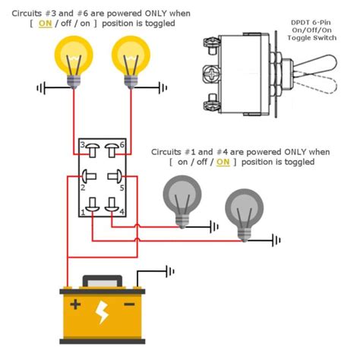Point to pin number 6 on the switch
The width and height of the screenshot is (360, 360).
[x=114, y=147]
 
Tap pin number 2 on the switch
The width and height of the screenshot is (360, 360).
[x=90, y=176]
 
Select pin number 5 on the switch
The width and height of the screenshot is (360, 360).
[x=115, y=176]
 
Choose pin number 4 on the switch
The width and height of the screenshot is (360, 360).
[x=114, y=205]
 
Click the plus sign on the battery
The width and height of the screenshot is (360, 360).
[x=75, y=305]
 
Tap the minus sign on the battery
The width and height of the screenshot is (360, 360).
[x=129, y=305]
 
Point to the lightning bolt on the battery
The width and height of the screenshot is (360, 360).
[x=102, y=311]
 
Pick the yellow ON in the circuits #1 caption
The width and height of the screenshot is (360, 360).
[x=223, y=162]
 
